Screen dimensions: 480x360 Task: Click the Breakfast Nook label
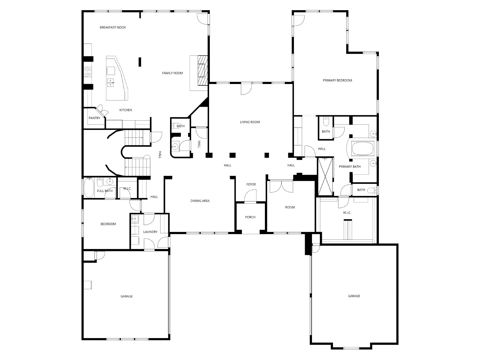click(112, 27)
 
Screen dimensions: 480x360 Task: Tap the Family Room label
click(172, 73)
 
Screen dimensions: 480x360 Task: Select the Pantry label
click(94, 118)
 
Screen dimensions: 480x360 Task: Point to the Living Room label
click(250, 122)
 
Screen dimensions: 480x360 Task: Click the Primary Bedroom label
click(337, 80)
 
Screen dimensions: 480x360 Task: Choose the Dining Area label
click(200, 201)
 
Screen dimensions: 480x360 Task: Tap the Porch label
click(250, 217)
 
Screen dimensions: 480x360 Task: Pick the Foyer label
click(251, 184)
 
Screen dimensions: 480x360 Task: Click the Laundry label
click(150, 232)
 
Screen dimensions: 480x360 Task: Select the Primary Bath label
click(350, 166)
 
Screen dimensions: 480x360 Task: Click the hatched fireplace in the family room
click(202, 70)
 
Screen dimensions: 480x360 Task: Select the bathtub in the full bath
click(89, 188)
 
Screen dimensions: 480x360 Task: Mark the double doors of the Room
click(281, 186)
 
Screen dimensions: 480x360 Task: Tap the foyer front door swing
click(250, 196)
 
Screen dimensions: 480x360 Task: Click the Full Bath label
click(105, 191)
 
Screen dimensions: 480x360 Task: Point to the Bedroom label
click(108, 224)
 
